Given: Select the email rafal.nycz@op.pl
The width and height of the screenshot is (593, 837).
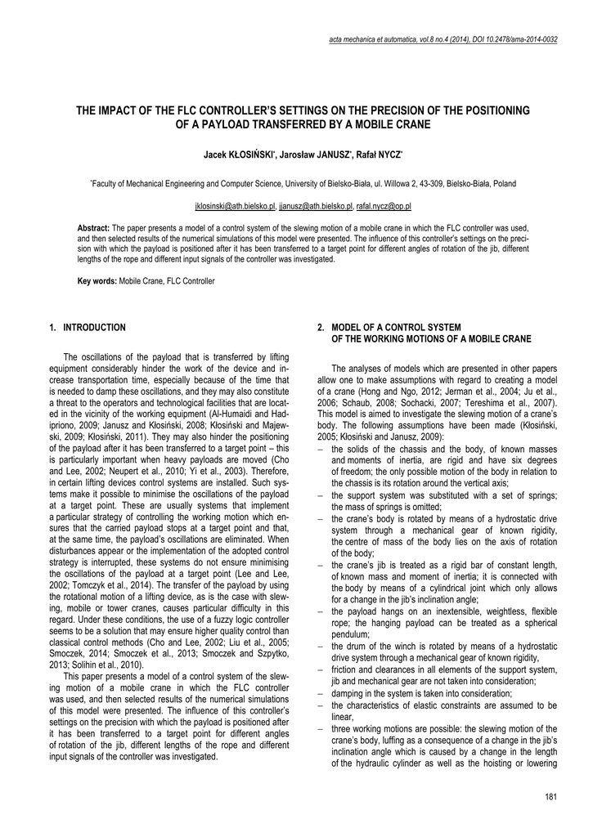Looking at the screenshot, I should click(x=384, y=208).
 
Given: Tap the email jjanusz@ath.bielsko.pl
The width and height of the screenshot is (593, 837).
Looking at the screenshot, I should click(x=316, y=208).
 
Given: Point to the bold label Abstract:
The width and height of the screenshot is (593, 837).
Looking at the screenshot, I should click(x=93, y=227).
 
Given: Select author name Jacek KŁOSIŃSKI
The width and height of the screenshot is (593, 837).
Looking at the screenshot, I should click(x=239, y=154).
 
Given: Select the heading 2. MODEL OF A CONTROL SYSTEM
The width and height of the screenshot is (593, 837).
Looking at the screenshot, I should click(x=389, y=327).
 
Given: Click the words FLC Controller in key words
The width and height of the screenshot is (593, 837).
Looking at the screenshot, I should click(x=191, y=281).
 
